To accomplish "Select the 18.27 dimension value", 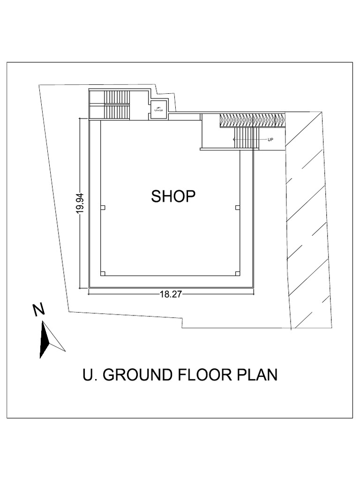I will [x=171, y=294].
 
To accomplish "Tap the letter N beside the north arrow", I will [x=38, y=310].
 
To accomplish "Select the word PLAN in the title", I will [x=258, y=375].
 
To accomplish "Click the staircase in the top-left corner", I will [x=116, y=105].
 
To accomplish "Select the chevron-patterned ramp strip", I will [x=252, y=120].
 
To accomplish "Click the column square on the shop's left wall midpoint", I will [x=103, y=207].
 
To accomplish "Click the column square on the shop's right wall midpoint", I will [x=237, y=207].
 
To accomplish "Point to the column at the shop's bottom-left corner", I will [x=103, y=273].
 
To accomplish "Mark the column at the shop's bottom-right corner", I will [x=237, y=273].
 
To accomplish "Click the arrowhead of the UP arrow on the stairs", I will [x=234, y=140].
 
